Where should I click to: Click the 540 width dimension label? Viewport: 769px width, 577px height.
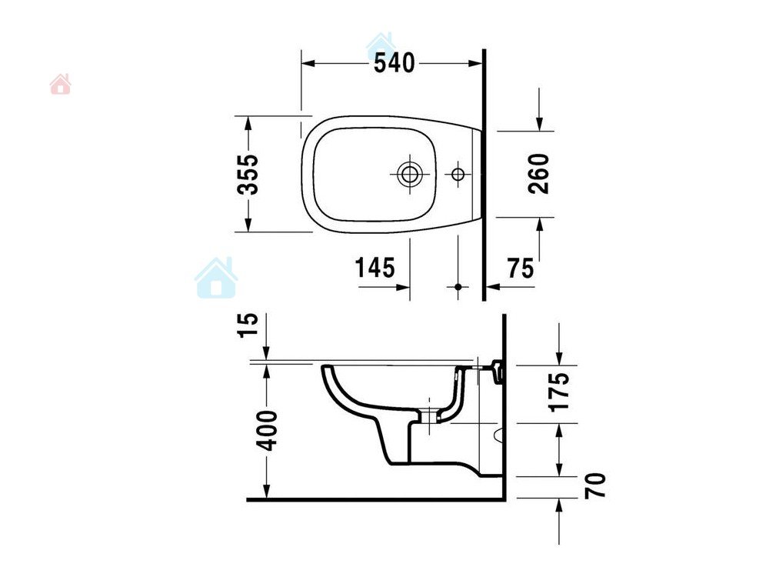[394, 63]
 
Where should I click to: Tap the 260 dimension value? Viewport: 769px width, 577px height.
[539, 174]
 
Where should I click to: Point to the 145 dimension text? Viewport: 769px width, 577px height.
[375, 268]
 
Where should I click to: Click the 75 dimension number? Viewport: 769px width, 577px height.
[521, 268]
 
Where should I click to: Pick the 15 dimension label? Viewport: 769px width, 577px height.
[248, 325]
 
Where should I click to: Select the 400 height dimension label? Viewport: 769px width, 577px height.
[268, 431]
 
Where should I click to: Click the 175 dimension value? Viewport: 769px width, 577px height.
[560, 392]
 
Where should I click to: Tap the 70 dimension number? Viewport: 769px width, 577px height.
[596, 485]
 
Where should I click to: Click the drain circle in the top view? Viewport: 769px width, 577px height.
[409, 174]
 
